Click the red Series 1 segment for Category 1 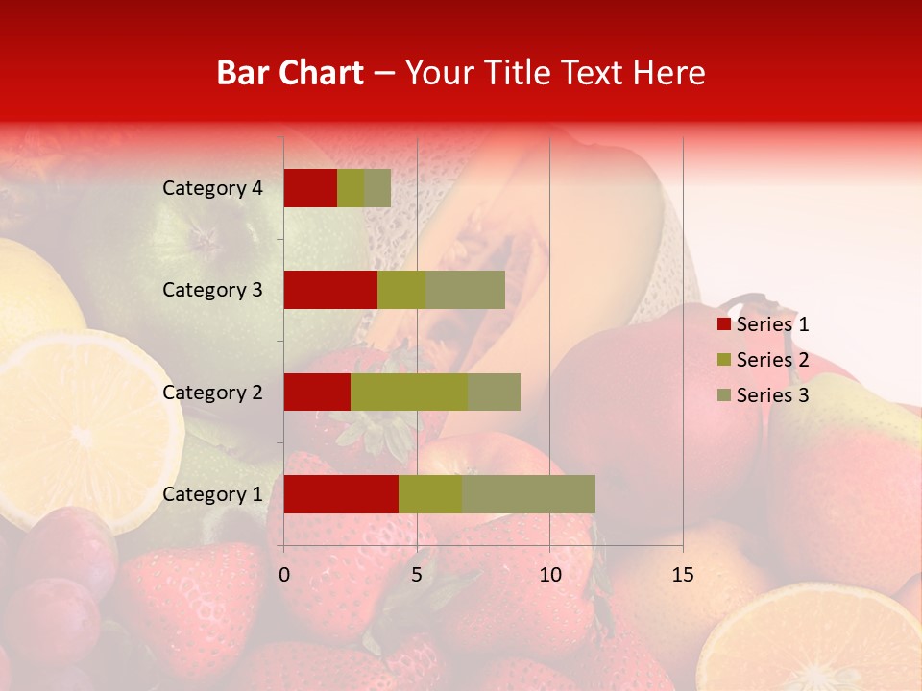click(341, 493)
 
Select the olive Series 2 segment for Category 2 click(409, 392)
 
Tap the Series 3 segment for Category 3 click(465, 290)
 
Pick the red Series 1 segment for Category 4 click(310, 188)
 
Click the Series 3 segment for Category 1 click(528, 493)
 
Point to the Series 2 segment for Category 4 click(351, 188)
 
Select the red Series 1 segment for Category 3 click(330, 290)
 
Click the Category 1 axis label click(212, 494)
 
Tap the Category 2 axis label click(212, 392)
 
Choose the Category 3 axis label click(212, 290)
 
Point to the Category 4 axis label click(212, 188)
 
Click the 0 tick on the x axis click(284, 575)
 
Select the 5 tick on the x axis click(417, 575)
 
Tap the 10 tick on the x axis click(549, 575)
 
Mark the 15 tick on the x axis click(682, 575)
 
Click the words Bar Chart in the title click(290, 73)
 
